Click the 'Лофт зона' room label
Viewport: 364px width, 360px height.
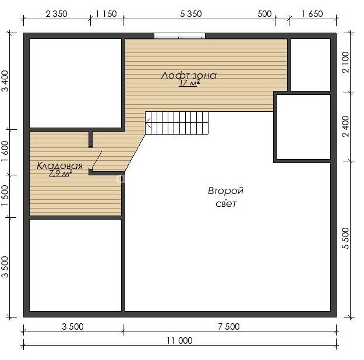189,76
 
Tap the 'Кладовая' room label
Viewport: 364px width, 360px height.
59,166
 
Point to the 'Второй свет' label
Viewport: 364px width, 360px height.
225,197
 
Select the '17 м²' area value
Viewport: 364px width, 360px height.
189,83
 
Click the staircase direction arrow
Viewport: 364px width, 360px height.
149,123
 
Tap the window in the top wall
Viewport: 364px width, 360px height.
180,36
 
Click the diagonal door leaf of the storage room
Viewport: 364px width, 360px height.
97,160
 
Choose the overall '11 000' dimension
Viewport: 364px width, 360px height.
179,341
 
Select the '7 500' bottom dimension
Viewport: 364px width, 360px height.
229,327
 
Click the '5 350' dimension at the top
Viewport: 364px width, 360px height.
191,14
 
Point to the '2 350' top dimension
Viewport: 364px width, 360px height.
56,14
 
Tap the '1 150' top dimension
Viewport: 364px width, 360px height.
106,14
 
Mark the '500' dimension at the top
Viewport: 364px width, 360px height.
264,14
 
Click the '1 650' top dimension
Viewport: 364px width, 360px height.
312,14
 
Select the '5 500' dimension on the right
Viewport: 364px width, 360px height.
346,238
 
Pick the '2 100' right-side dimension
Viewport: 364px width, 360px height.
346,62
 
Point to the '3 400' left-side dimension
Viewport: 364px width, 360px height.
5,81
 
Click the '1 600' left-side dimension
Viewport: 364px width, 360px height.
5,151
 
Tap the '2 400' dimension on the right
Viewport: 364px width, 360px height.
346,126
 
